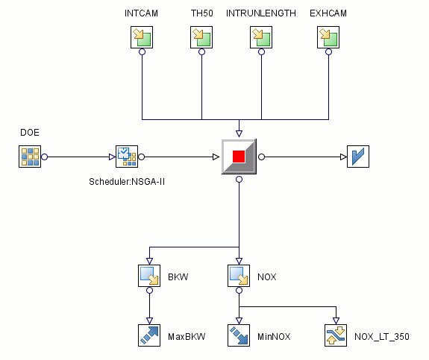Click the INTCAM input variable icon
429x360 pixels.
(x=142, y=37)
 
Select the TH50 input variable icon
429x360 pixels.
(x=201, y=37)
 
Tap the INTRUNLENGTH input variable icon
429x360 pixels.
(x=261, y=37)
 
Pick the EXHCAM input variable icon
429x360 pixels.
(x=328, y=37)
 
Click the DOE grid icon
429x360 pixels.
(x=30, y=157)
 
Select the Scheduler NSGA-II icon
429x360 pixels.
(x=127, y=157)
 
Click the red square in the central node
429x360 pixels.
(x=239, y=157)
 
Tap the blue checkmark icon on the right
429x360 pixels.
(x=358, y=157)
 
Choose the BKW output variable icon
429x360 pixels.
(x=149, y=276)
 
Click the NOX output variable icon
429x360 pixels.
(x=239, y=276)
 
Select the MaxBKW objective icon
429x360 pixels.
(x=149, y=335)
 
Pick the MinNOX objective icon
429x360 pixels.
(x=239, y=335)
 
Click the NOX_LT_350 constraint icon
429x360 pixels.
(x=336, y=335)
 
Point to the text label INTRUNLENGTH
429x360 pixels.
(x=261, y=13)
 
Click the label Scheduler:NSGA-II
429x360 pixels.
(x=127, y=182)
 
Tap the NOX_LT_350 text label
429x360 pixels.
(x=382, y=336)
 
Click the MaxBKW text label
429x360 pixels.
(x=187, y=336)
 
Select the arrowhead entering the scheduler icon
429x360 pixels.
(x=112, y=157)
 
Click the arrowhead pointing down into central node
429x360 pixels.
(x=239, y=133)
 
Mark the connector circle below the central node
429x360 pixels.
(x=239, y=180)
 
